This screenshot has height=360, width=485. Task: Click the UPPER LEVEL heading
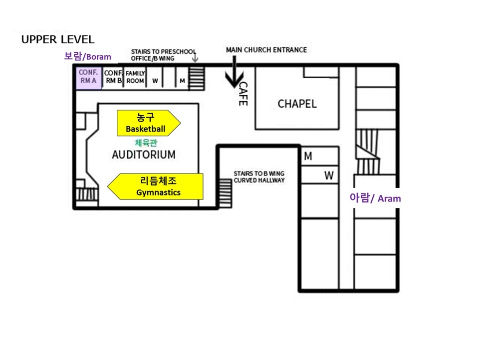58,39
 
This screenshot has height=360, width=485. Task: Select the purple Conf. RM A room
89,78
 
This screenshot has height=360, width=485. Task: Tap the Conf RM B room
113,78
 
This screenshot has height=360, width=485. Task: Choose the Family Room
135,78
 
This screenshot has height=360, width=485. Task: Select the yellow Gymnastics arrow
155,186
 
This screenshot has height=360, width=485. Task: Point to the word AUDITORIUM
144,155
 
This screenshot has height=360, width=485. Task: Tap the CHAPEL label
297,104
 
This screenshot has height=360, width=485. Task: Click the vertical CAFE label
243,94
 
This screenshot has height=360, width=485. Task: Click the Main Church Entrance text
266,50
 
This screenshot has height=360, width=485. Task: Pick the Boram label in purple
87,56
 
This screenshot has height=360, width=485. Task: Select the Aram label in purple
375,198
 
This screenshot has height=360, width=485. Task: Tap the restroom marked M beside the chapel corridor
320,156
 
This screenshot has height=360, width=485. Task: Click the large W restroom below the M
320,175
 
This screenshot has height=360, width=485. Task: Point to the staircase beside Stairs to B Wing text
226,193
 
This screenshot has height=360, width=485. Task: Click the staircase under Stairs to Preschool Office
197,78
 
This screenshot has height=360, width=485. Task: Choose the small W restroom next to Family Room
155,78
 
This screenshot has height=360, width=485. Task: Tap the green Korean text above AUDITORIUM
146,143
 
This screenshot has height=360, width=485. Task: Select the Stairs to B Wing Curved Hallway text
259,177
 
